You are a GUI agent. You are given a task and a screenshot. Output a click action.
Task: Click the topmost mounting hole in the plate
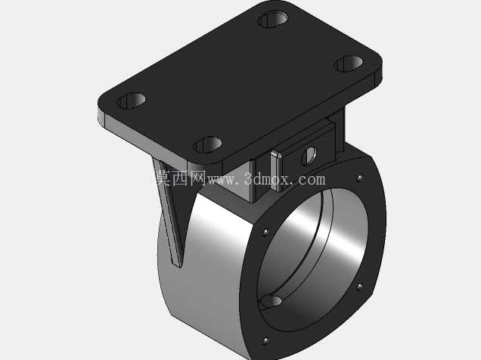[273, 20]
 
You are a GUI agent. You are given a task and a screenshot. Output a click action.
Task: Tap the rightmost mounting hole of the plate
[348, 64]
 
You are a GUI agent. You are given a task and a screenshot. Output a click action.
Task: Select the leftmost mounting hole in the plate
[131, 101]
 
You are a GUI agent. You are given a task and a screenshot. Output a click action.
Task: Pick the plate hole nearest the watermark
[208, 144]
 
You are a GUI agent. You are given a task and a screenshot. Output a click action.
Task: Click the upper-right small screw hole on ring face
[359, 178]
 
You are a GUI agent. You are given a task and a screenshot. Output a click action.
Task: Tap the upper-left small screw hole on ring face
[265, 232]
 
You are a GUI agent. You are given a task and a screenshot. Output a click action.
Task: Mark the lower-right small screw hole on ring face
[359, 287]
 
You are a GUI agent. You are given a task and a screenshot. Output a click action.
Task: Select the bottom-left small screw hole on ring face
[265, 340]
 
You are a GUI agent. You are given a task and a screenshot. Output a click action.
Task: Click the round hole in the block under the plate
[309, 156]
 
